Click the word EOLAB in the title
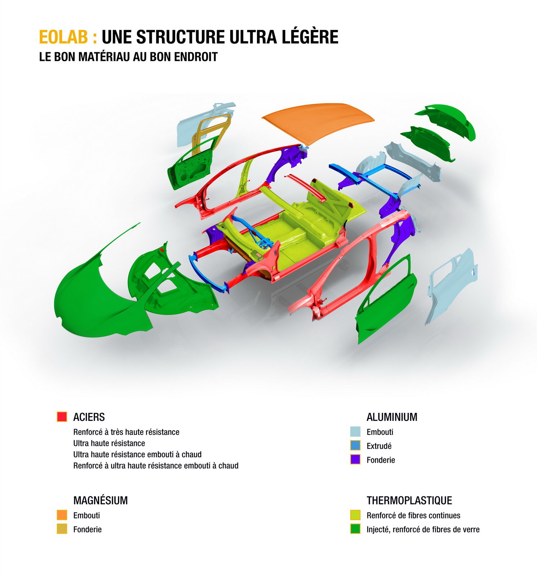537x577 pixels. pyautogui.click(x=63, y=37)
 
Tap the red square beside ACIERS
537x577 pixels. pyautogui.click(x=62, y=417)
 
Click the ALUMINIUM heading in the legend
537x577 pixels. pyautogui.click(x=392, y=417)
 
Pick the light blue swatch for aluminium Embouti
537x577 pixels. pyautogui.click(x=355, y=432)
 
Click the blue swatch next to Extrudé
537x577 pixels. pyautogui.click(x=355, y=445)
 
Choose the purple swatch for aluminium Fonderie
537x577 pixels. pyautogui.click(x=355, y=459)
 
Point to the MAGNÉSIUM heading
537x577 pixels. pyautogui.click(x=101, y=500)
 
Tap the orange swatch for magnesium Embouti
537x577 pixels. pyautogui.click(x=62, y=515)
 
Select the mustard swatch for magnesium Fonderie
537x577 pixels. pyautogui.click(x=62, y=529)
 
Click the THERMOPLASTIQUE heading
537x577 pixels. pyautogui.click(x=409, y=501)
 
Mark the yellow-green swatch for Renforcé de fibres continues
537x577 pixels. pyautogui.click(x=355, y=515)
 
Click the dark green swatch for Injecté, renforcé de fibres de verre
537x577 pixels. pyautogui.click(x=355, y=529)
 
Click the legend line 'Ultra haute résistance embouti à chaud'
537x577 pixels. pyautogui.click(x=137, y=454)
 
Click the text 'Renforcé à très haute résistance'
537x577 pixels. pyautogui.click(x=126, y=432)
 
